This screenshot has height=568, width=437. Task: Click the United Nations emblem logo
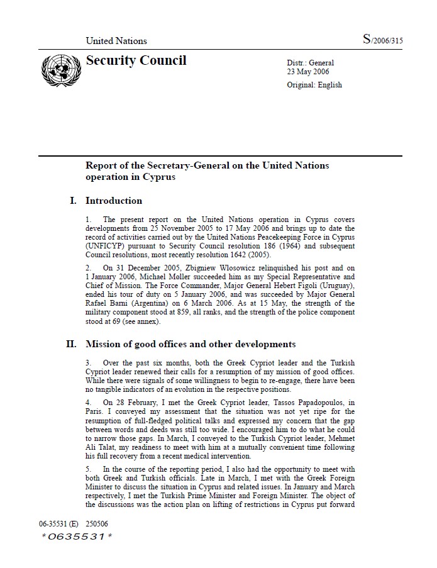pyautogui.click(x=57, y=68)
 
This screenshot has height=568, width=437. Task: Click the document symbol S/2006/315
pyautogui.click(x=382, y=40)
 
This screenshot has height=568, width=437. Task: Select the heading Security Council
pyautogui.click(x=136, y=60)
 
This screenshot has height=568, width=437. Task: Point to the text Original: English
pyautogui.click(x=314, y=85)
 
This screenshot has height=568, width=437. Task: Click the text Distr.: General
pyautogui.click(x=311, y=63)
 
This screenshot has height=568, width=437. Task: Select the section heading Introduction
pyautogui.click(x=114, y=201)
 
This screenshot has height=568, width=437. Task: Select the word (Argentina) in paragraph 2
pyautogui.click(x=138, y=303)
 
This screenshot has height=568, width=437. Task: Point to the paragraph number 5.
pyautogui.click(x=89, y=469)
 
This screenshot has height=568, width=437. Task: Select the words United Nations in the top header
pyautogui.click(x=116, y=41)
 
